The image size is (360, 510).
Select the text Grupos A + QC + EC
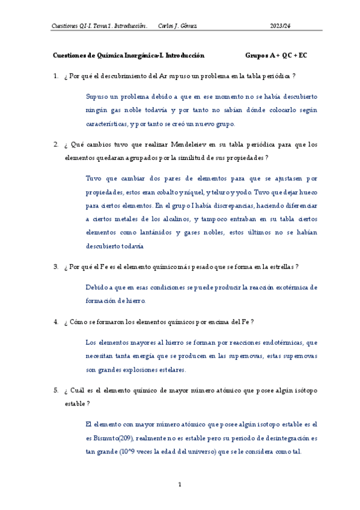coord(276,55)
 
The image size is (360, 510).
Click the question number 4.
coord(55,322)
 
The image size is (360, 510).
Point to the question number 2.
coord(55,145)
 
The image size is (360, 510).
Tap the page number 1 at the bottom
coord(180,484)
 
